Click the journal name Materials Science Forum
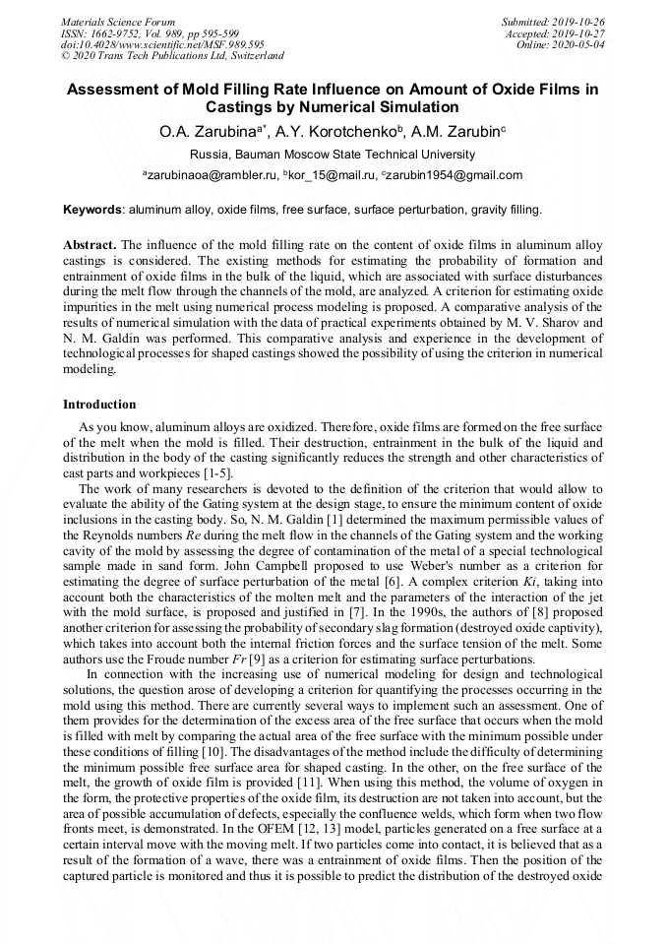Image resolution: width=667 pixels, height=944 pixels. click(x=118, y=21)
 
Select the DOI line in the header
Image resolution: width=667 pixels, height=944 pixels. click(x=161, y=44)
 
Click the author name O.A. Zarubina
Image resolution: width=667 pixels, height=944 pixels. click(x=207, y=130)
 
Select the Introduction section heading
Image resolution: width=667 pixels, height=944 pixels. click(x=99, y=404)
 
